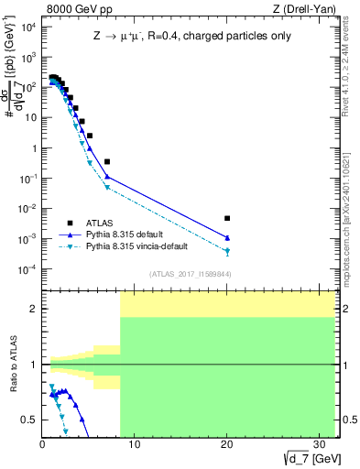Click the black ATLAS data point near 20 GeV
227,218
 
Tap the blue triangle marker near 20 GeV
227,238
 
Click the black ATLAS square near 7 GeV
107,161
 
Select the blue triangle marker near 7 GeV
107,176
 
